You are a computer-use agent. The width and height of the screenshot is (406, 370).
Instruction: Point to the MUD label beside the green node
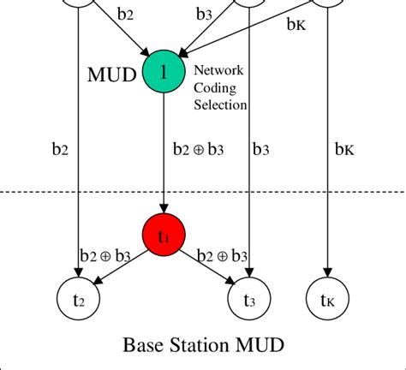[112, 75]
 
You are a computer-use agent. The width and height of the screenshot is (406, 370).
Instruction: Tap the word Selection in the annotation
[221, 104]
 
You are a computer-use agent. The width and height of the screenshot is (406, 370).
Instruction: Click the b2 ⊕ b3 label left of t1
[103, 255]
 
